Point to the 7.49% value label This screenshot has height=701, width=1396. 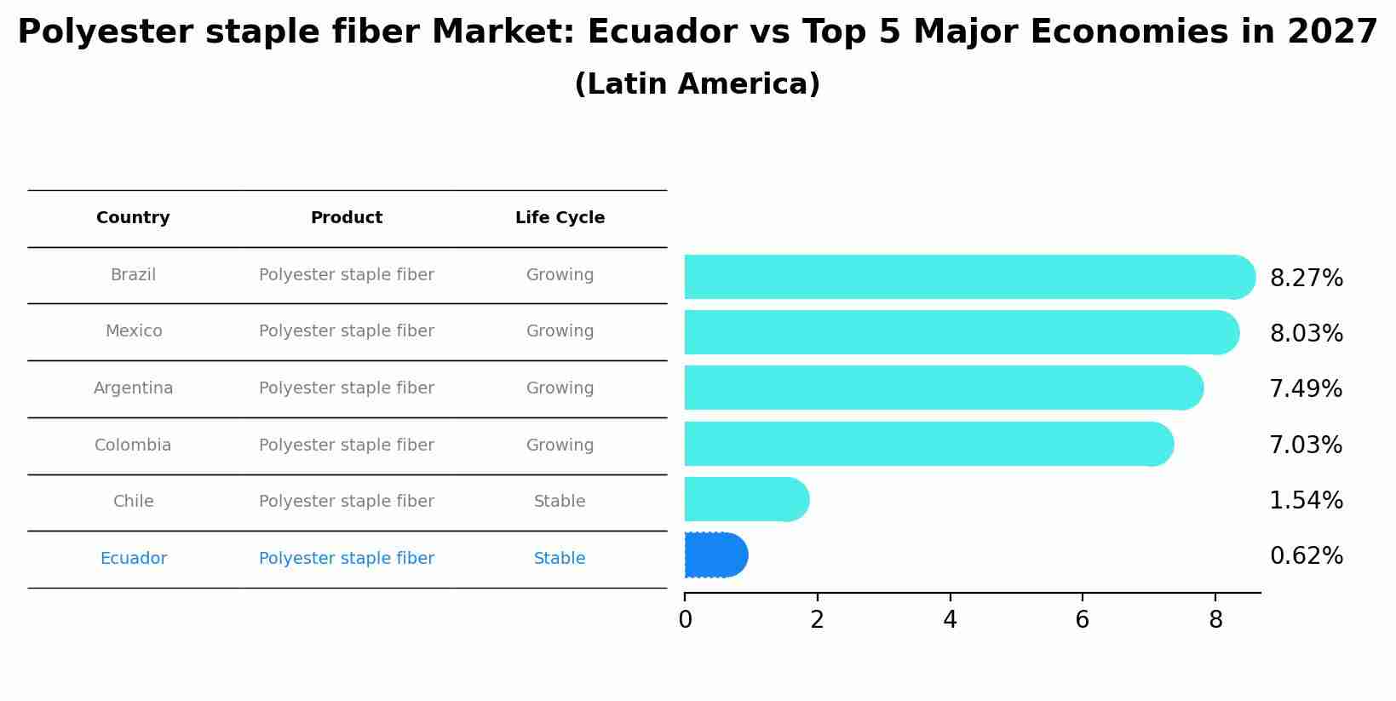click(x=1306, y=389)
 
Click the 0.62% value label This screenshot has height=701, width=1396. click(x=1306, y=556)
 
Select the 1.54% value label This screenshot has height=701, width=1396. click(x=1306, y=501)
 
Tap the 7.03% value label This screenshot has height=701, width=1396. click(x=1306, y=445)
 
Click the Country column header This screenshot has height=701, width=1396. click(x=133, y=218)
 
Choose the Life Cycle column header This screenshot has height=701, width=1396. click(x=560, y=218)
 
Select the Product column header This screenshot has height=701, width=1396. click(x=346, y=218)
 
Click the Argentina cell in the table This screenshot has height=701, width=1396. click(x=133, y=388)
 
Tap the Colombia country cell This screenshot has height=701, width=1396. click(x=133, y=445)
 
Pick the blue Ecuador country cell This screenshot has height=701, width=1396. click(x=133, y=559)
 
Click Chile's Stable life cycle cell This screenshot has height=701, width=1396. click(x=560, y=502)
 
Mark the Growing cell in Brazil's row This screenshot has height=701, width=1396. click(x=560, y=275)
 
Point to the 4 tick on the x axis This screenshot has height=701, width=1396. click(x=950, y=620)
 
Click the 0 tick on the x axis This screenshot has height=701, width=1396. click(x=685, y=620)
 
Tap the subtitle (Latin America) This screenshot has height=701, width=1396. click(x=697, y=84)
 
